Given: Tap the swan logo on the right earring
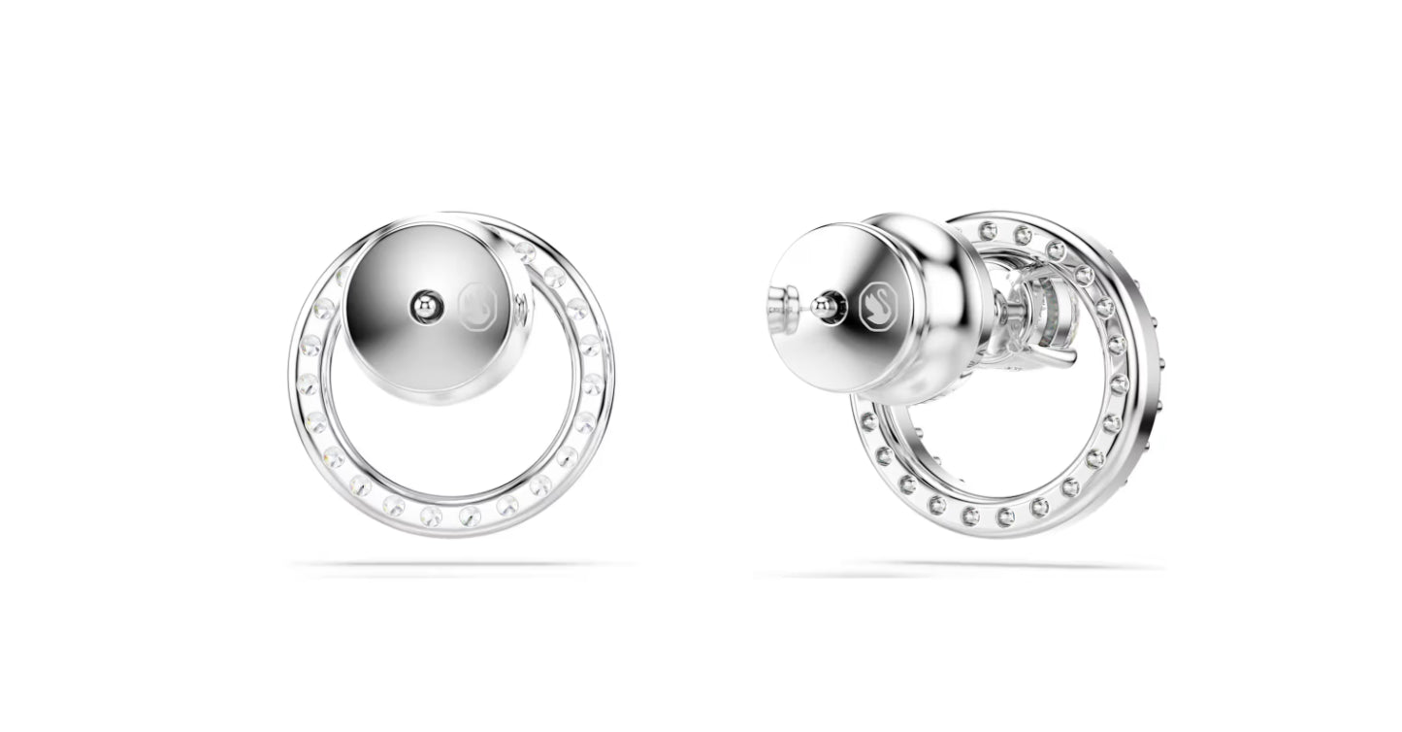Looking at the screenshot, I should tap(879, 306).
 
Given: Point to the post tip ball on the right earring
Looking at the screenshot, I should tap(824, 306).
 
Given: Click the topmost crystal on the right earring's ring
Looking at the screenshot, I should tap(989, 230).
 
